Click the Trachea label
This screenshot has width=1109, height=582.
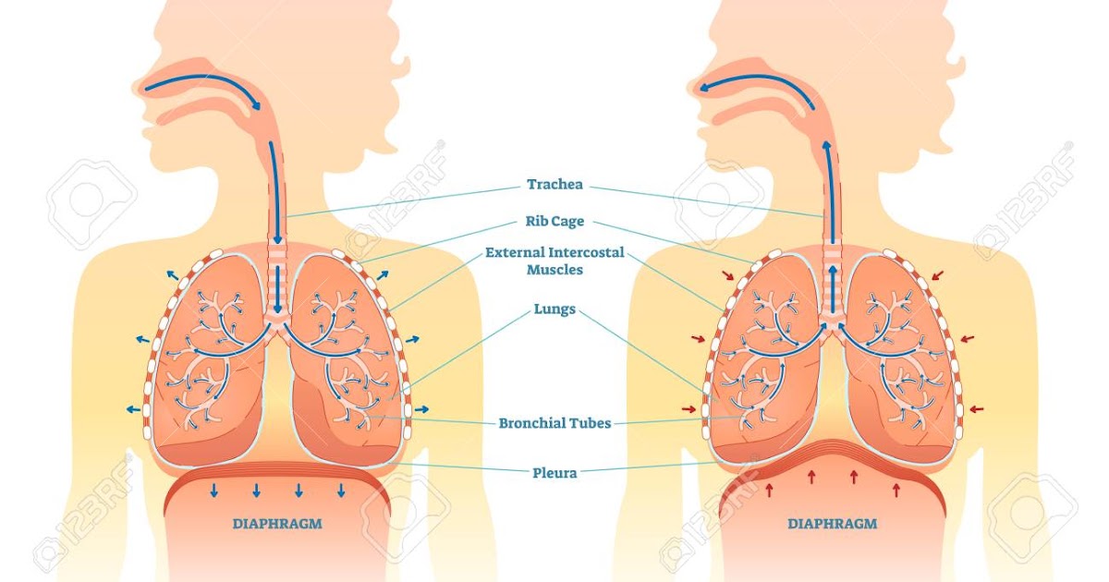[x=554, y=185]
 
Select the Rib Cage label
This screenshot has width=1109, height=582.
[x=554, y=222]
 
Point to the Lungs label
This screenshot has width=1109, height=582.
[x=554, y=309]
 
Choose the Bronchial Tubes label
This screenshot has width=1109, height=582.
[x=554, y=424]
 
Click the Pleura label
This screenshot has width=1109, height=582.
[x=554, y=473]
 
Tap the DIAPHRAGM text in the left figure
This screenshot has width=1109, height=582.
[x=277, y=524]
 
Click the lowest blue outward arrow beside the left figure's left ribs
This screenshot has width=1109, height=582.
[x=135, y=408]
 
